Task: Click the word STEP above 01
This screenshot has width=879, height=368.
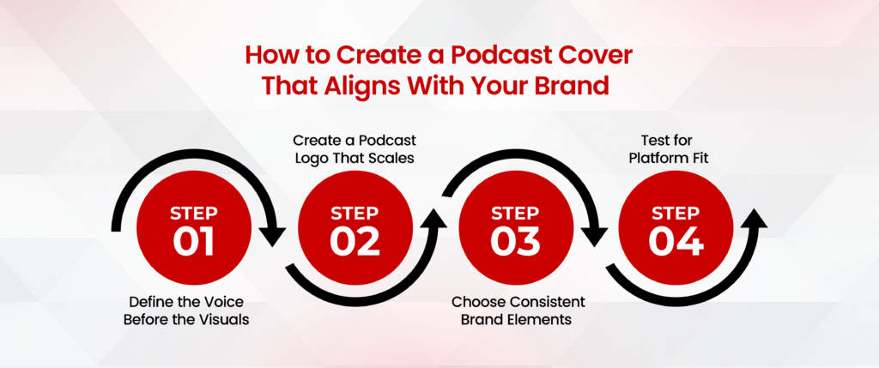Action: click(x=194, y=212)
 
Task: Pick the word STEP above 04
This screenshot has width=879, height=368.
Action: click(x=676, y=212)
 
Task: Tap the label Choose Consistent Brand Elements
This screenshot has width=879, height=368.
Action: click(x=518, y=311)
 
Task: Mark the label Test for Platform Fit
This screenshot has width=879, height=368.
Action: click(x=677, y=148)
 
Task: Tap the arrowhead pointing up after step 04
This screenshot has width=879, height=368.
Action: click(x=755, y=220)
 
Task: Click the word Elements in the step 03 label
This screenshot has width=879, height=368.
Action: click(x=546, y=319)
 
